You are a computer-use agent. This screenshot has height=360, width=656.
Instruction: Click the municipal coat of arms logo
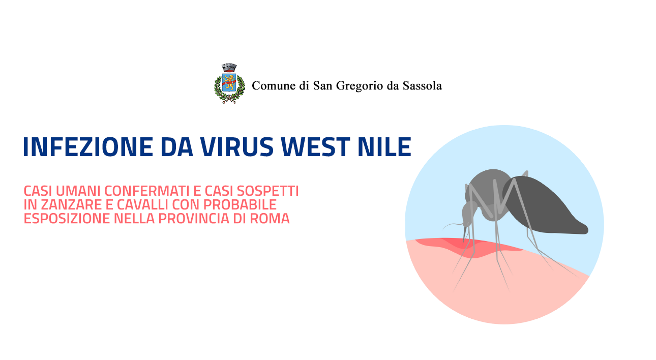click(229, 84)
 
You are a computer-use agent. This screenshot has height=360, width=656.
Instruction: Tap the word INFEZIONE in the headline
click(88, 147)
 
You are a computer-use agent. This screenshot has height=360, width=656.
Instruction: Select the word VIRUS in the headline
click(237, 147)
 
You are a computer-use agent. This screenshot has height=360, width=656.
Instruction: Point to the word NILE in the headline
click(384, 147)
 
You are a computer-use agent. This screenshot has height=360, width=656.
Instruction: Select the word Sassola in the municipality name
click(422, 86)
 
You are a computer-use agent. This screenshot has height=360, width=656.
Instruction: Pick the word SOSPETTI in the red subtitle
click(267, 191)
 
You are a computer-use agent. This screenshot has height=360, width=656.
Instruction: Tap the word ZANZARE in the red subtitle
click(71, 205)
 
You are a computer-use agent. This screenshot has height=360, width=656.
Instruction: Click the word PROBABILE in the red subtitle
click(240, 205)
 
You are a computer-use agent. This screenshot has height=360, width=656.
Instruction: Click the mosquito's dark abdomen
click(545, 206)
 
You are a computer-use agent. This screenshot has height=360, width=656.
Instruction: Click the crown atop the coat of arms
click(229, 68)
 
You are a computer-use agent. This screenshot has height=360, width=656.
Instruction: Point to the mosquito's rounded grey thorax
click(489, 193)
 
